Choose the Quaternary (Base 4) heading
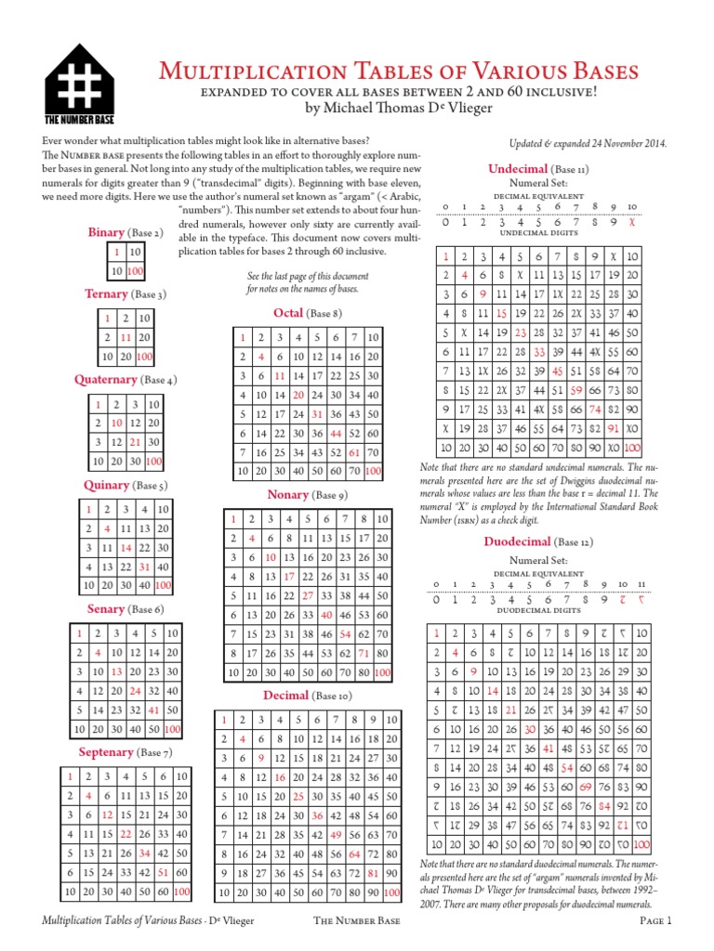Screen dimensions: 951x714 click(x=126, y=380)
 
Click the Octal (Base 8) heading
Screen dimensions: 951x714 click(x=307, y=313)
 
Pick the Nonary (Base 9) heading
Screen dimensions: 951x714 click(x=307, y=494)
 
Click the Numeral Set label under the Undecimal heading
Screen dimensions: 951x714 click(x=538, y=184)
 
